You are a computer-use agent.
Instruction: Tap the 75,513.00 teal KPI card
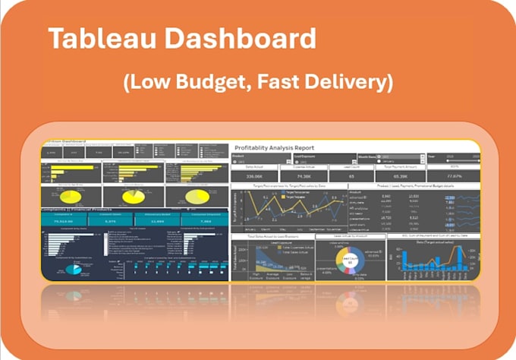64,221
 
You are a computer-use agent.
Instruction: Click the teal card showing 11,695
156,221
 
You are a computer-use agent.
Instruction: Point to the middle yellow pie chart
134,197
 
